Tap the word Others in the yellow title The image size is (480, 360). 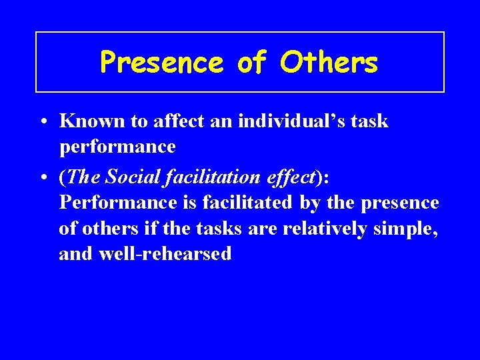tap(329, 63)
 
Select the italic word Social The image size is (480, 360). tap(133, 178)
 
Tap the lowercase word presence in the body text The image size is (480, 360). tap(399, 203)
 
